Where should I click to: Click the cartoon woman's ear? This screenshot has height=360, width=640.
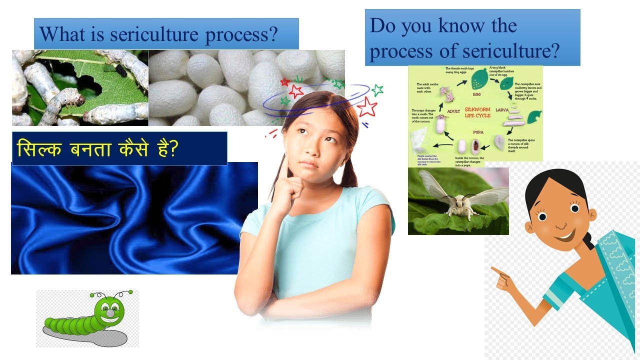[x=592, y=213]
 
